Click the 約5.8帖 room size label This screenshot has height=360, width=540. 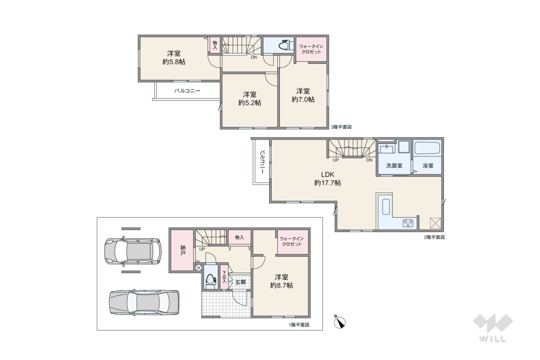[x=174, y=62]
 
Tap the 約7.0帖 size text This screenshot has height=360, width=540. [x=303, y=99]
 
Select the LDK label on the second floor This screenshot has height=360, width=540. [x=327, y=174]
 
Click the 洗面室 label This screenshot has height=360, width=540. [x=394, y=166]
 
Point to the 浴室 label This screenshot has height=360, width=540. [x=428, y=166]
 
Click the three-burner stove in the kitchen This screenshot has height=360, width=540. [x=408, y=223]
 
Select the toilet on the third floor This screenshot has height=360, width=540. [x=285, y=45]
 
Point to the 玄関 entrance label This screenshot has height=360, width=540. [x=241, y=282]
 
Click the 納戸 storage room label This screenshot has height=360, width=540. [x=183, y=250]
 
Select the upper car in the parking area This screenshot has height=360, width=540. [x=133, y=251]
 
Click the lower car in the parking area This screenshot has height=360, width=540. [x=144, y=302]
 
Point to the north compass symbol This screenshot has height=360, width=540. [x=340, y=322]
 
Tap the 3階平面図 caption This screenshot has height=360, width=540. [x=341, y=127]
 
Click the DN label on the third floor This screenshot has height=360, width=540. [x=254, y=57]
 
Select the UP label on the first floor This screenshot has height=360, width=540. [x=202, y=249]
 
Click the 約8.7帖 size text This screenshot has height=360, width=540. [x=282, y=285]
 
